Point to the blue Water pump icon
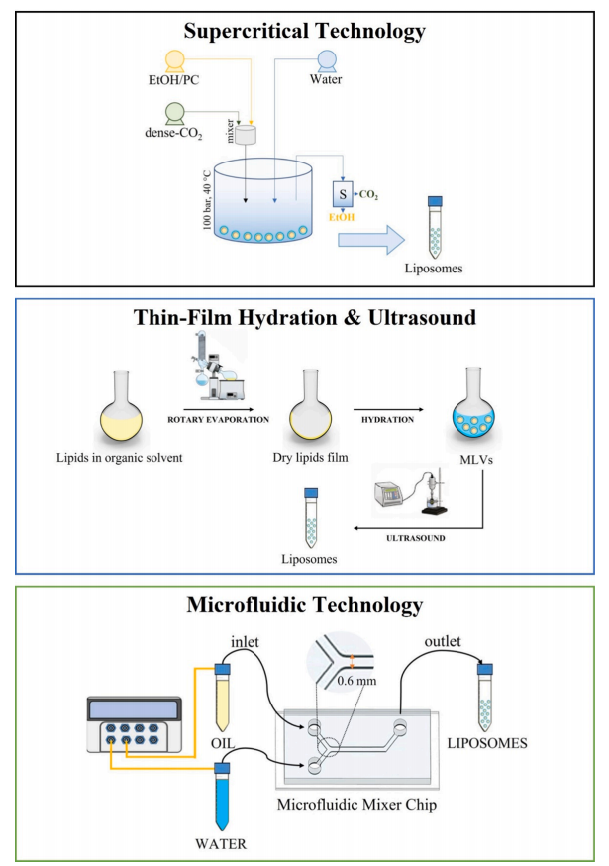point(328,60)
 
